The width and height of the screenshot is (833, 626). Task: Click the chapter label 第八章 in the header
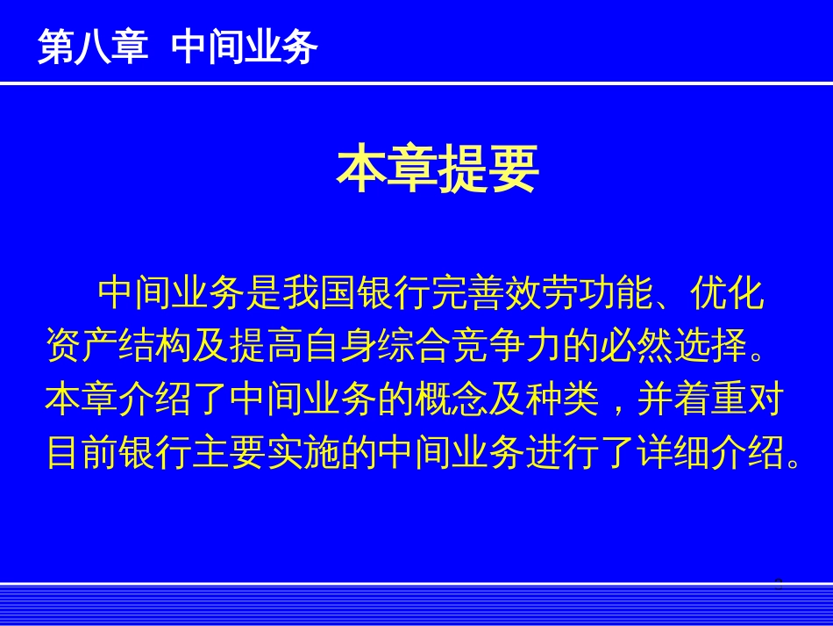pos(93,47)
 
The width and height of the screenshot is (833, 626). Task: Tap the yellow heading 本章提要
pos(438,169)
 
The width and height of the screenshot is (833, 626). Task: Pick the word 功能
pos(616,293)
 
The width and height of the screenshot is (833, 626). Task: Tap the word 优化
pos(727,293)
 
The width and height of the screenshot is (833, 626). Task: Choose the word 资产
pos(82,346)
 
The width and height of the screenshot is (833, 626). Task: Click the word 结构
pos(156,346)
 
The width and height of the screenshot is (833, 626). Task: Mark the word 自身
pos(341,346)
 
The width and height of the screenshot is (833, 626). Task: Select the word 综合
pos(415,346)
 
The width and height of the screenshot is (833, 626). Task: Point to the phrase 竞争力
pos(508,346)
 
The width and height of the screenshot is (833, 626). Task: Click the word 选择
pos(711,346)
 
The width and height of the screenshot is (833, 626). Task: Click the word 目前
pos(82,453)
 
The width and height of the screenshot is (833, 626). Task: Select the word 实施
pos(304,453)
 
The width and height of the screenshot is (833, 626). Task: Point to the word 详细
pos(674,453)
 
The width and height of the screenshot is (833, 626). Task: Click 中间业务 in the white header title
pos(245,47)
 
